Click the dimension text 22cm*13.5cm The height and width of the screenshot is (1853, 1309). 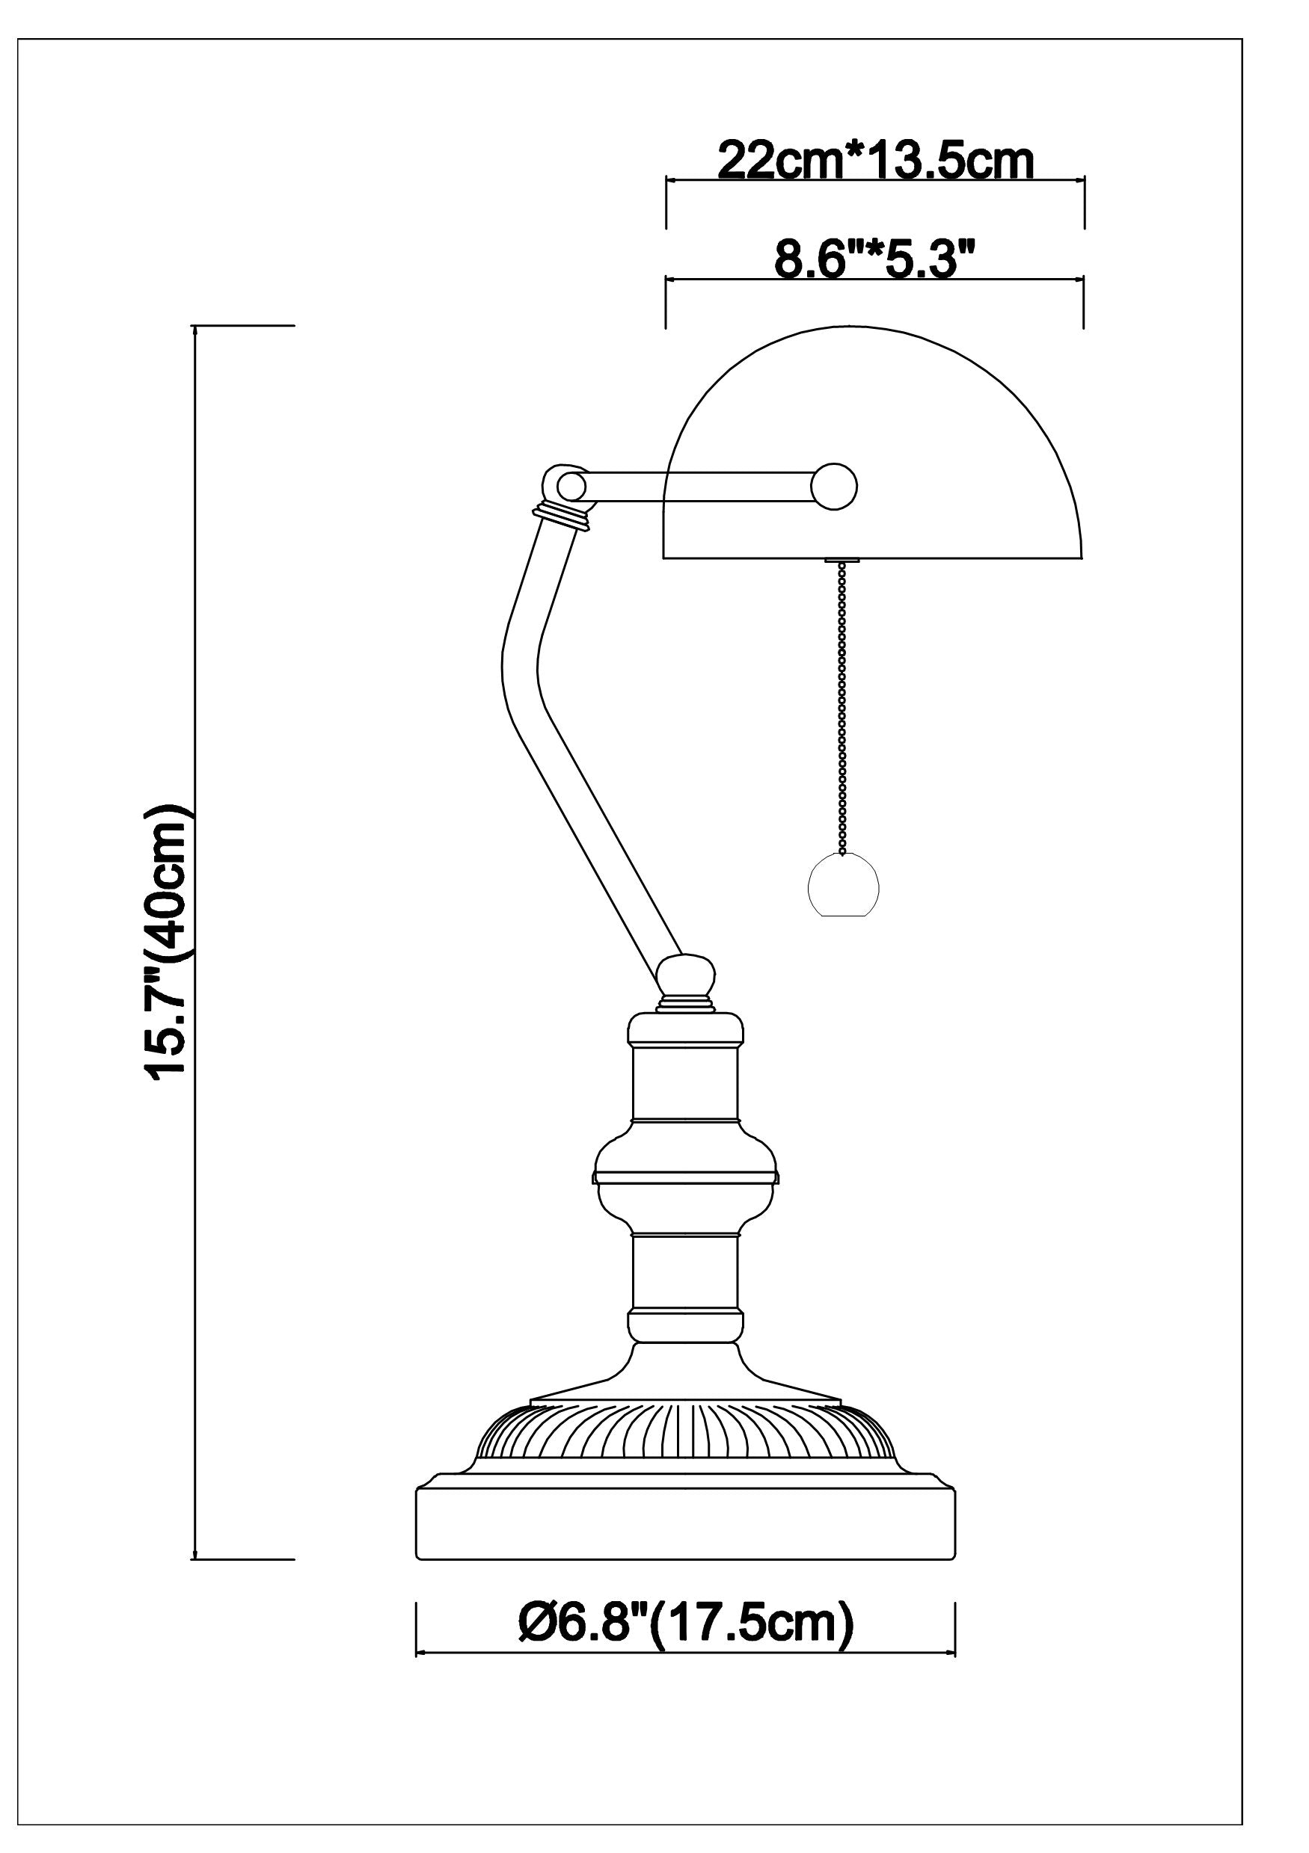click(x=875, y=161)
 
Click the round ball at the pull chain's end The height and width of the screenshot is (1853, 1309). click(x=843, y=887)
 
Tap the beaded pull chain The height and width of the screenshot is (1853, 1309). click(x=843, y=709)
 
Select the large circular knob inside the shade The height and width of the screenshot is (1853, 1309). click(x=834, y=487)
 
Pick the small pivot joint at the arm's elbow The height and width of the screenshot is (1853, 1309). click(x=571, y=486)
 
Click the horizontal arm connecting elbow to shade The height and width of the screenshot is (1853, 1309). click(x=702, y=487)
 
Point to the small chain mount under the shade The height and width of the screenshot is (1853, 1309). click(x=843, y=560)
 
